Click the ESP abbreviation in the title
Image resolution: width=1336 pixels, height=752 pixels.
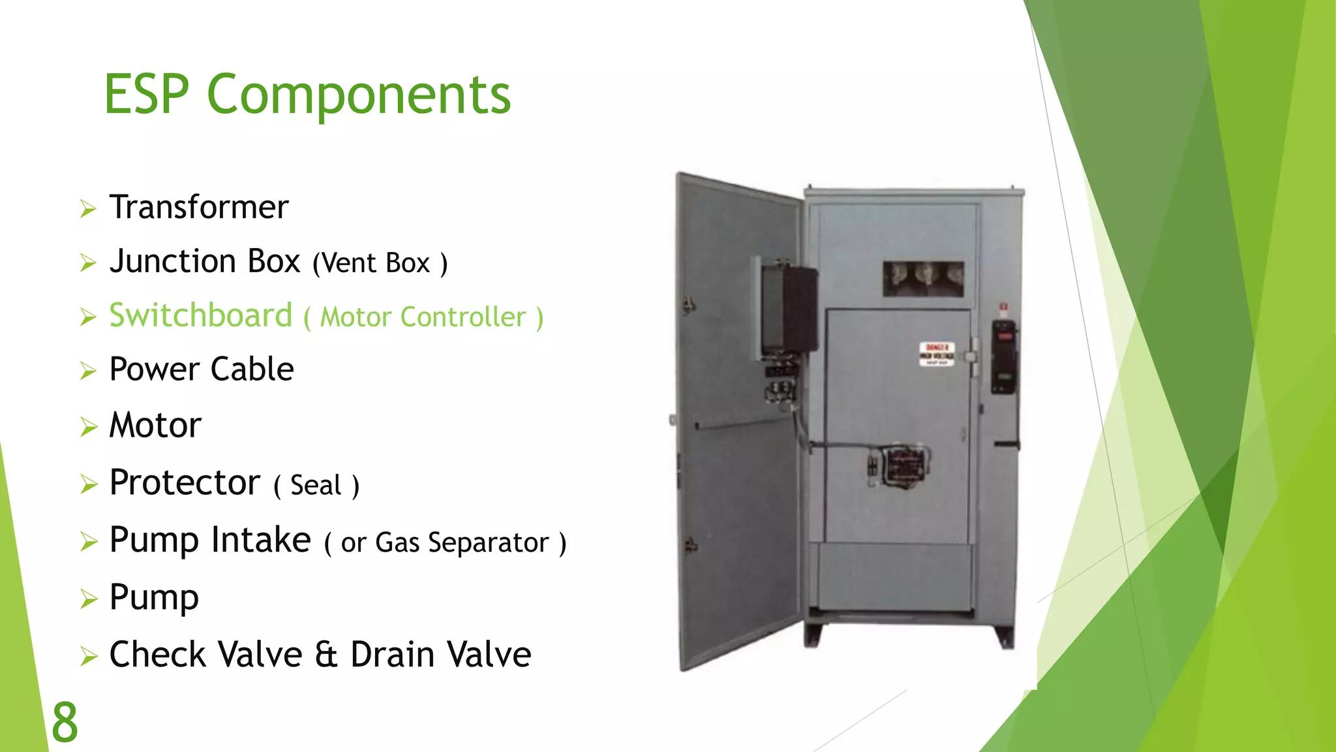147,95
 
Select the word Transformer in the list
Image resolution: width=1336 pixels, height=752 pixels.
198,208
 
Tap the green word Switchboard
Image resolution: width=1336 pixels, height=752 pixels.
200,316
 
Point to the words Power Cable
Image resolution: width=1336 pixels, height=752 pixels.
201,369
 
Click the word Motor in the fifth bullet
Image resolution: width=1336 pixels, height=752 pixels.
155,426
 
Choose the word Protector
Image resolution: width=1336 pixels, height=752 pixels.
185,483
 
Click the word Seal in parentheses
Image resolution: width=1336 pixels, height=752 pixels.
316,486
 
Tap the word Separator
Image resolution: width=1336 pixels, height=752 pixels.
488,543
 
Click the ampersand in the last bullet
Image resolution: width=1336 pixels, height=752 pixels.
326,655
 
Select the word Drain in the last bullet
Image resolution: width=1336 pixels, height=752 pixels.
391,655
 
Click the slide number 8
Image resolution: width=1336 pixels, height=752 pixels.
65,723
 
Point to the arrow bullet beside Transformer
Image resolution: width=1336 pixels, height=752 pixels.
88,209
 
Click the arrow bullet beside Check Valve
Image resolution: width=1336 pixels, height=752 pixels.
88,656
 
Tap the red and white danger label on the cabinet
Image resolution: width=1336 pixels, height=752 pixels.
937,354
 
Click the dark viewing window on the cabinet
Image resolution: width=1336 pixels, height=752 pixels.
923,279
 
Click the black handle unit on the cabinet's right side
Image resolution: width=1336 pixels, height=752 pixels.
1004,356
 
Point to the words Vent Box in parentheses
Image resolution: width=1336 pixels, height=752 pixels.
380,264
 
